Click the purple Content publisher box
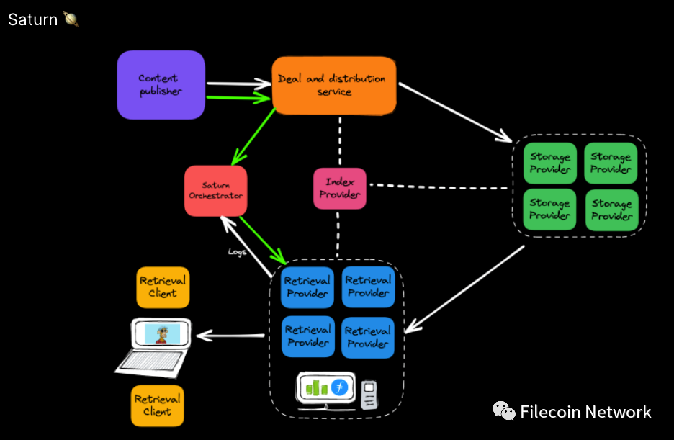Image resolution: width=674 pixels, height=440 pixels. (161, 85)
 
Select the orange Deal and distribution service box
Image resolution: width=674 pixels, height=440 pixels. (333, 85)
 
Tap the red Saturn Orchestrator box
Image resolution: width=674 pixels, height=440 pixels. (215, 191)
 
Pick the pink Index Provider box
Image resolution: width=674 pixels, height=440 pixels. (339, 189)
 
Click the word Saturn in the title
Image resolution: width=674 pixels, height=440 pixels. (32, 19)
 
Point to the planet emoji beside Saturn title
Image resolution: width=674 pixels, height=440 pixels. (71, 19)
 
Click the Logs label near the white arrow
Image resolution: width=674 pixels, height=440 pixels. (238, 251)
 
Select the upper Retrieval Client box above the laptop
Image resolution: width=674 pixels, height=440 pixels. (163, 287)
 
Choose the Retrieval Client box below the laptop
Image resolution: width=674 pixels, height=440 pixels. (157, 405)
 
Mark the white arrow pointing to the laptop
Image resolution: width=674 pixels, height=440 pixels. (230, 335)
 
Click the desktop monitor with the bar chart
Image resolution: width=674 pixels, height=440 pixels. (326, 389)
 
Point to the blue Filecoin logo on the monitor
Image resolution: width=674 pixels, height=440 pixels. (338, 387)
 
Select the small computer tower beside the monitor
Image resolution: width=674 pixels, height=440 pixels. (369, 395)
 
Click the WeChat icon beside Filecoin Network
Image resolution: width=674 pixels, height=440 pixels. (503, 411)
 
